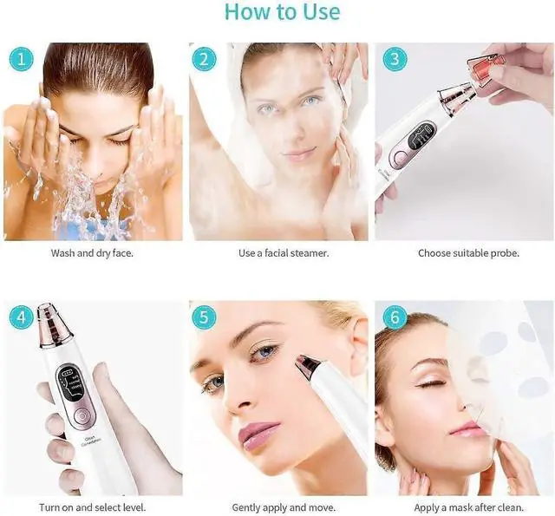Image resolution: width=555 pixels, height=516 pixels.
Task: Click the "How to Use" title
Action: [x=282, y=12]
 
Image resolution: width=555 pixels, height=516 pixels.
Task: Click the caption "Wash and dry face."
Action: [x=92, y=253]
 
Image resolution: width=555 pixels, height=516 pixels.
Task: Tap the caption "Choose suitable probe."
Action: [x=468, y=253]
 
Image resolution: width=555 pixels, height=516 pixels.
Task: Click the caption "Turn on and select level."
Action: [x=92, y=507]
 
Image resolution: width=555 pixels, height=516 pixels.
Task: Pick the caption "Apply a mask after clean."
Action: [x=468, y=507]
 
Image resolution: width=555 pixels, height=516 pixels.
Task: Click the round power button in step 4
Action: [x=78, y=415]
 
